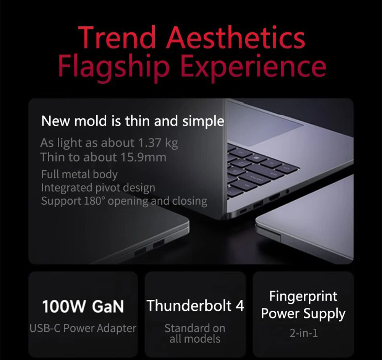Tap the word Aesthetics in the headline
pyautogui.click(x=236, y=39)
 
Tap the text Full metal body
pyautogui.click(x=79, y=174)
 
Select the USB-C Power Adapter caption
pyautogui.click(x=83, y=328)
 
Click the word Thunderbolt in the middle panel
pyautogui.click(x=189, y=306)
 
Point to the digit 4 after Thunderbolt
pyautogui.click(x=240, y=306)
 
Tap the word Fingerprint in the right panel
pyautogui.click(x=303, y=296)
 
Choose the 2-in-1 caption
pyautogui.click(x=303, y=333)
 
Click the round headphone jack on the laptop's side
pyautogui.click(x=287, y=190)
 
